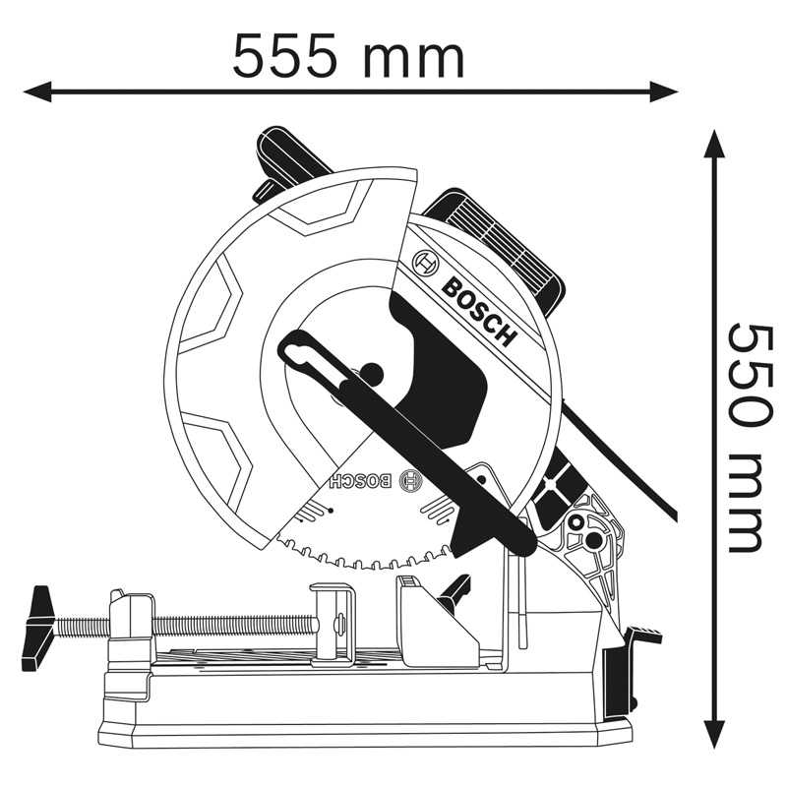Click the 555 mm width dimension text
point(348,56)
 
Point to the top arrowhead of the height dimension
point(715,144)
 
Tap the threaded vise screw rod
point(226,624)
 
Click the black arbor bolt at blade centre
point(371,373)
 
